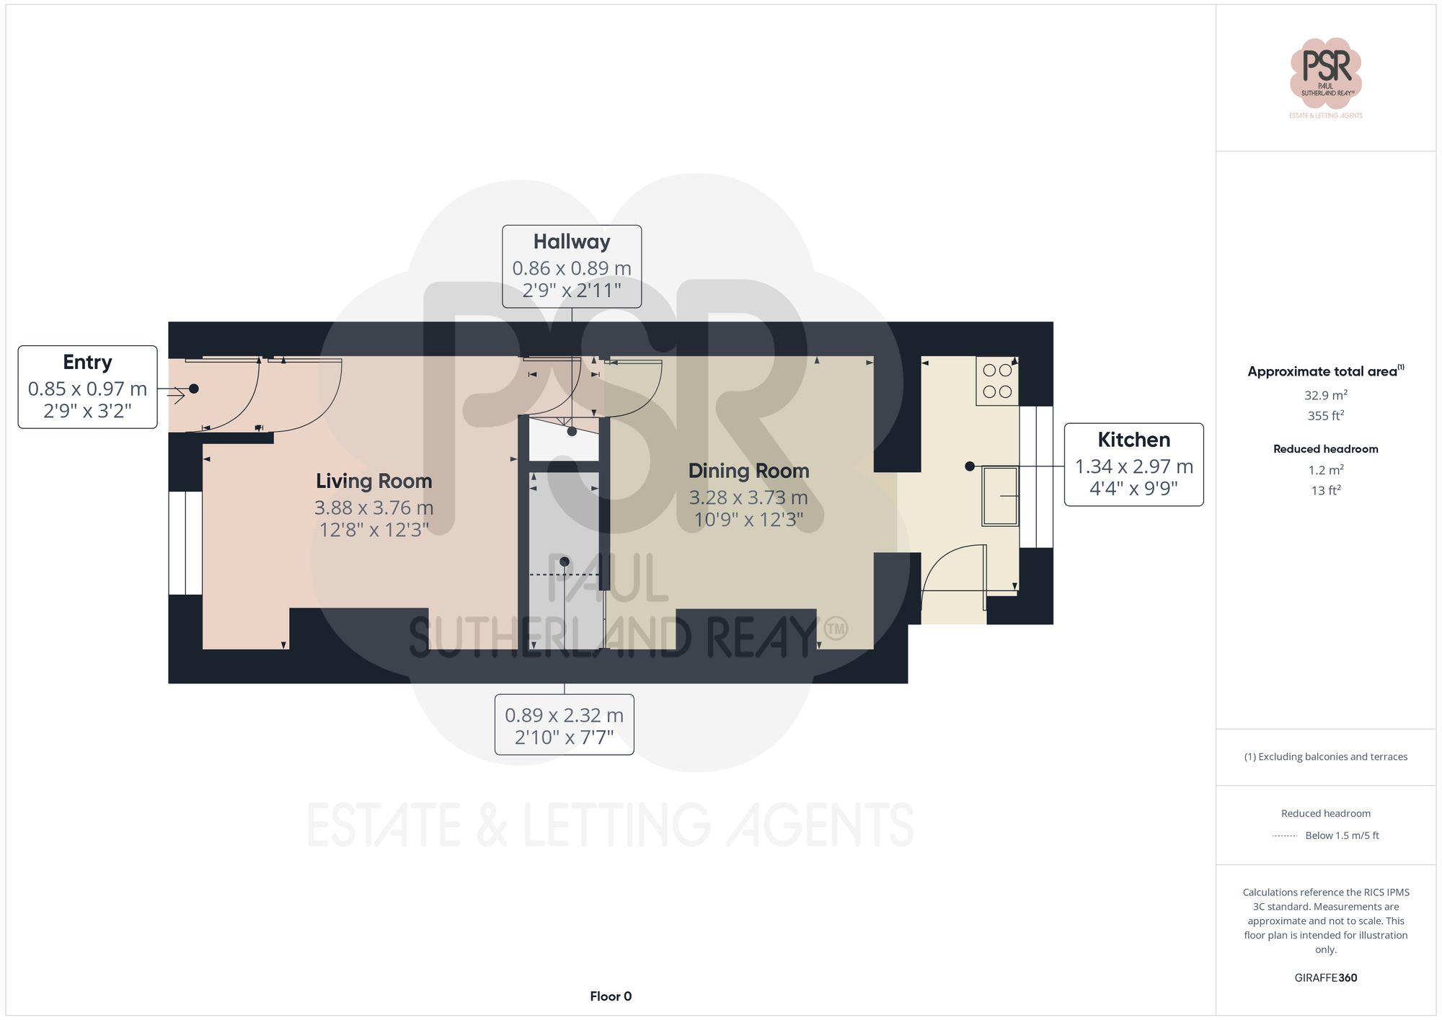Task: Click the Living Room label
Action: (x=373, y=482)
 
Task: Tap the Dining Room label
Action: (x=748, y=471)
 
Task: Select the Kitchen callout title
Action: (x=1133, y=440)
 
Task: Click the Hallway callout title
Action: (x=572, y=242)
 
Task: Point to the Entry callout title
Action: (x=87, y=363)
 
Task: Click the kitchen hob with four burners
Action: (x=997, y=381)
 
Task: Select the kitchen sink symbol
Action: (x=1000, y=496)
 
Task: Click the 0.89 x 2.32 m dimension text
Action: (x=564, y=715)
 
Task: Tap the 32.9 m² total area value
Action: (x=1325, y=395)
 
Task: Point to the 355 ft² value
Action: (x=1325, y=416)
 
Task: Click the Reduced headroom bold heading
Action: (x=1325, y=449)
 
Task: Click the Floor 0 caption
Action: (x=611, y=996)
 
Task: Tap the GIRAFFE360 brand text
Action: (x=1325, y=978)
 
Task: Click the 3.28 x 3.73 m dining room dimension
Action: (x=748, y=497)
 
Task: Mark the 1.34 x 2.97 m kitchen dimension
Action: (x=1133, y=466)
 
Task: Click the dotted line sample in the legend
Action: (x=1285, y=836)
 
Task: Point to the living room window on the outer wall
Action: (x=185, y=543)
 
